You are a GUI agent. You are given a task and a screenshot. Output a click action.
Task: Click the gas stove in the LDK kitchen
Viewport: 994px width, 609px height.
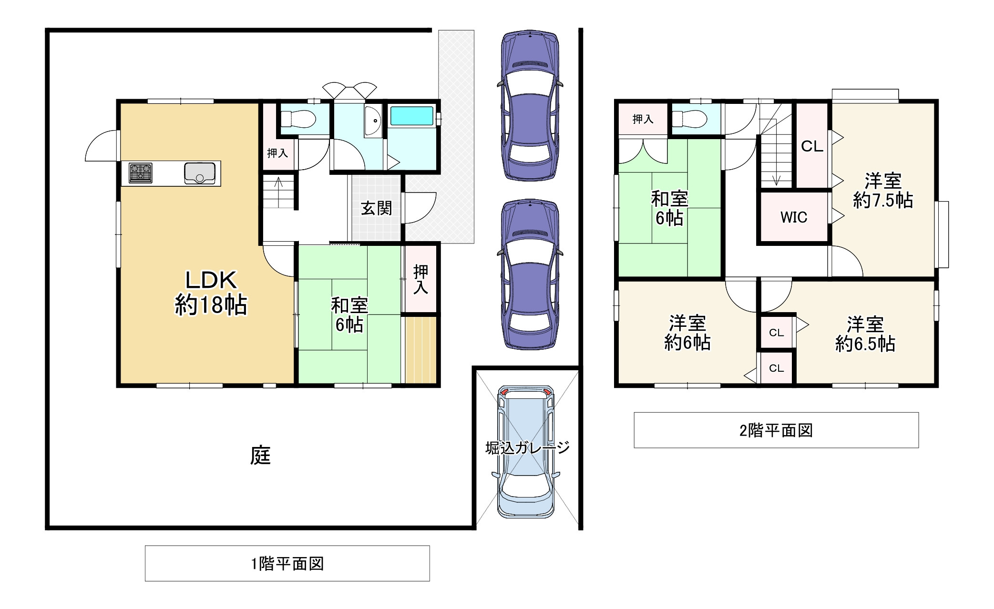141,173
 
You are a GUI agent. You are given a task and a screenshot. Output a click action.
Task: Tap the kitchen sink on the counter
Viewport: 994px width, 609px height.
200,173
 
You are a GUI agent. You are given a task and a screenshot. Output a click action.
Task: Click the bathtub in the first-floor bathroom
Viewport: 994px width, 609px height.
412,116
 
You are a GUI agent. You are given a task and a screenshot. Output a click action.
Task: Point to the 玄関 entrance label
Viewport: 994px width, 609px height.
376,208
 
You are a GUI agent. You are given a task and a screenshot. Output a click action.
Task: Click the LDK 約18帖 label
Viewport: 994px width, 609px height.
211,293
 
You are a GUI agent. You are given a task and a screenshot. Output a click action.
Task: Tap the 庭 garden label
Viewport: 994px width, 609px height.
260,455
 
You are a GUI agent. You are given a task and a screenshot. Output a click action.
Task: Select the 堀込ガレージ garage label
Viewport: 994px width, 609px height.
527,448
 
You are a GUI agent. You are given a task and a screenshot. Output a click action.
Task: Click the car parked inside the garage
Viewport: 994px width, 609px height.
526,452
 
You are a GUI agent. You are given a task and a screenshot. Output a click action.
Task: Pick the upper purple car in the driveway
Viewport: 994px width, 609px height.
530,105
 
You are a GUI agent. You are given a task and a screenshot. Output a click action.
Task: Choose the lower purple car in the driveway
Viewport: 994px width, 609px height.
530,274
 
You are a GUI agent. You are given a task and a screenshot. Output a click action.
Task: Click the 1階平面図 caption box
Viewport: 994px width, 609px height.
287,563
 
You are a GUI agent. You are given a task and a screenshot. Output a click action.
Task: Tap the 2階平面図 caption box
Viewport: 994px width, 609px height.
776,430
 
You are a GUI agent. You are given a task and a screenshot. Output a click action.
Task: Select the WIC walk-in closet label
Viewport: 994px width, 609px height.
794,217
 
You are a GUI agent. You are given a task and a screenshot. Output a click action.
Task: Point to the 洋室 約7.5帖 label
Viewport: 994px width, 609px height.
883,191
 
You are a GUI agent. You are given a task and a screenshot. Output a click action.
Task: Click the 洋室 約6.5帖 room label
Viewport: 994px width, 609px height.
865,334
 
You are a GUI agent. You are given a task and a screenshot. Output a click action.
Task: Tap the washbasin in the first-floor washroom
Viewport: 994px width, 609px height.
373,122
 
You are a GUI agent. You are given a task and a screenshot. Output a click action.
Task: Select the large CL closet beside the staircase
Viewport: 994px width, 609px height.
812,146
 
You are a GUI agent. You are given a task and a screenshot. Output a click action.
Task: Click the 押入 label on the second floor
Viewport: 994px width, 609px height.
643,119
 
